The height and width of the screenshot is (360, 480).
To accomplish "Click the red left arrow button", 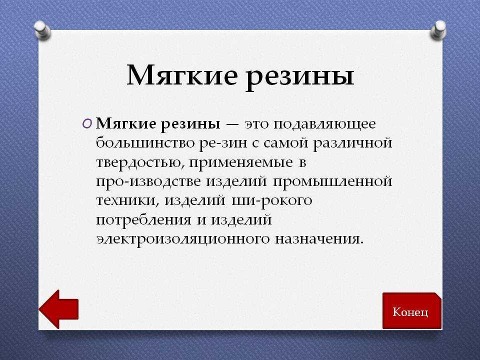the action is (58, 309).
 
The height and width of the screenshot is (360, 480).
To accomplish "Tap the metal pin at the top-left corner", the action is (42, 30).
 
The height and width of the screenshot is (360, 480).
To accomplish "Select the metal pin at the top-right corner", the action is (438, 29).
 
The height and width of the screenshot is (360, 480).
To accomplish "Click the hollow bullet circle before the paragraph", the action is (86, 124).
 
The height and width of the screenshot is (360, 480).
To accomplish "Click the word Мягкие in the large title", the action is (182, 75).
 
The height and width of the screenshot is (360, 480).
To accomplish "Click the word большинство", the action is (145, 142).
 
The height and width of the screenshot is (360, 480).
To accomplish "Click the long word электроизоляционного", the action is (183, 239).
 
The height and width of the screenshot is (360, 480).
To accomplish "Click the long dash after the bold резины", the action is (232, 124).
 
